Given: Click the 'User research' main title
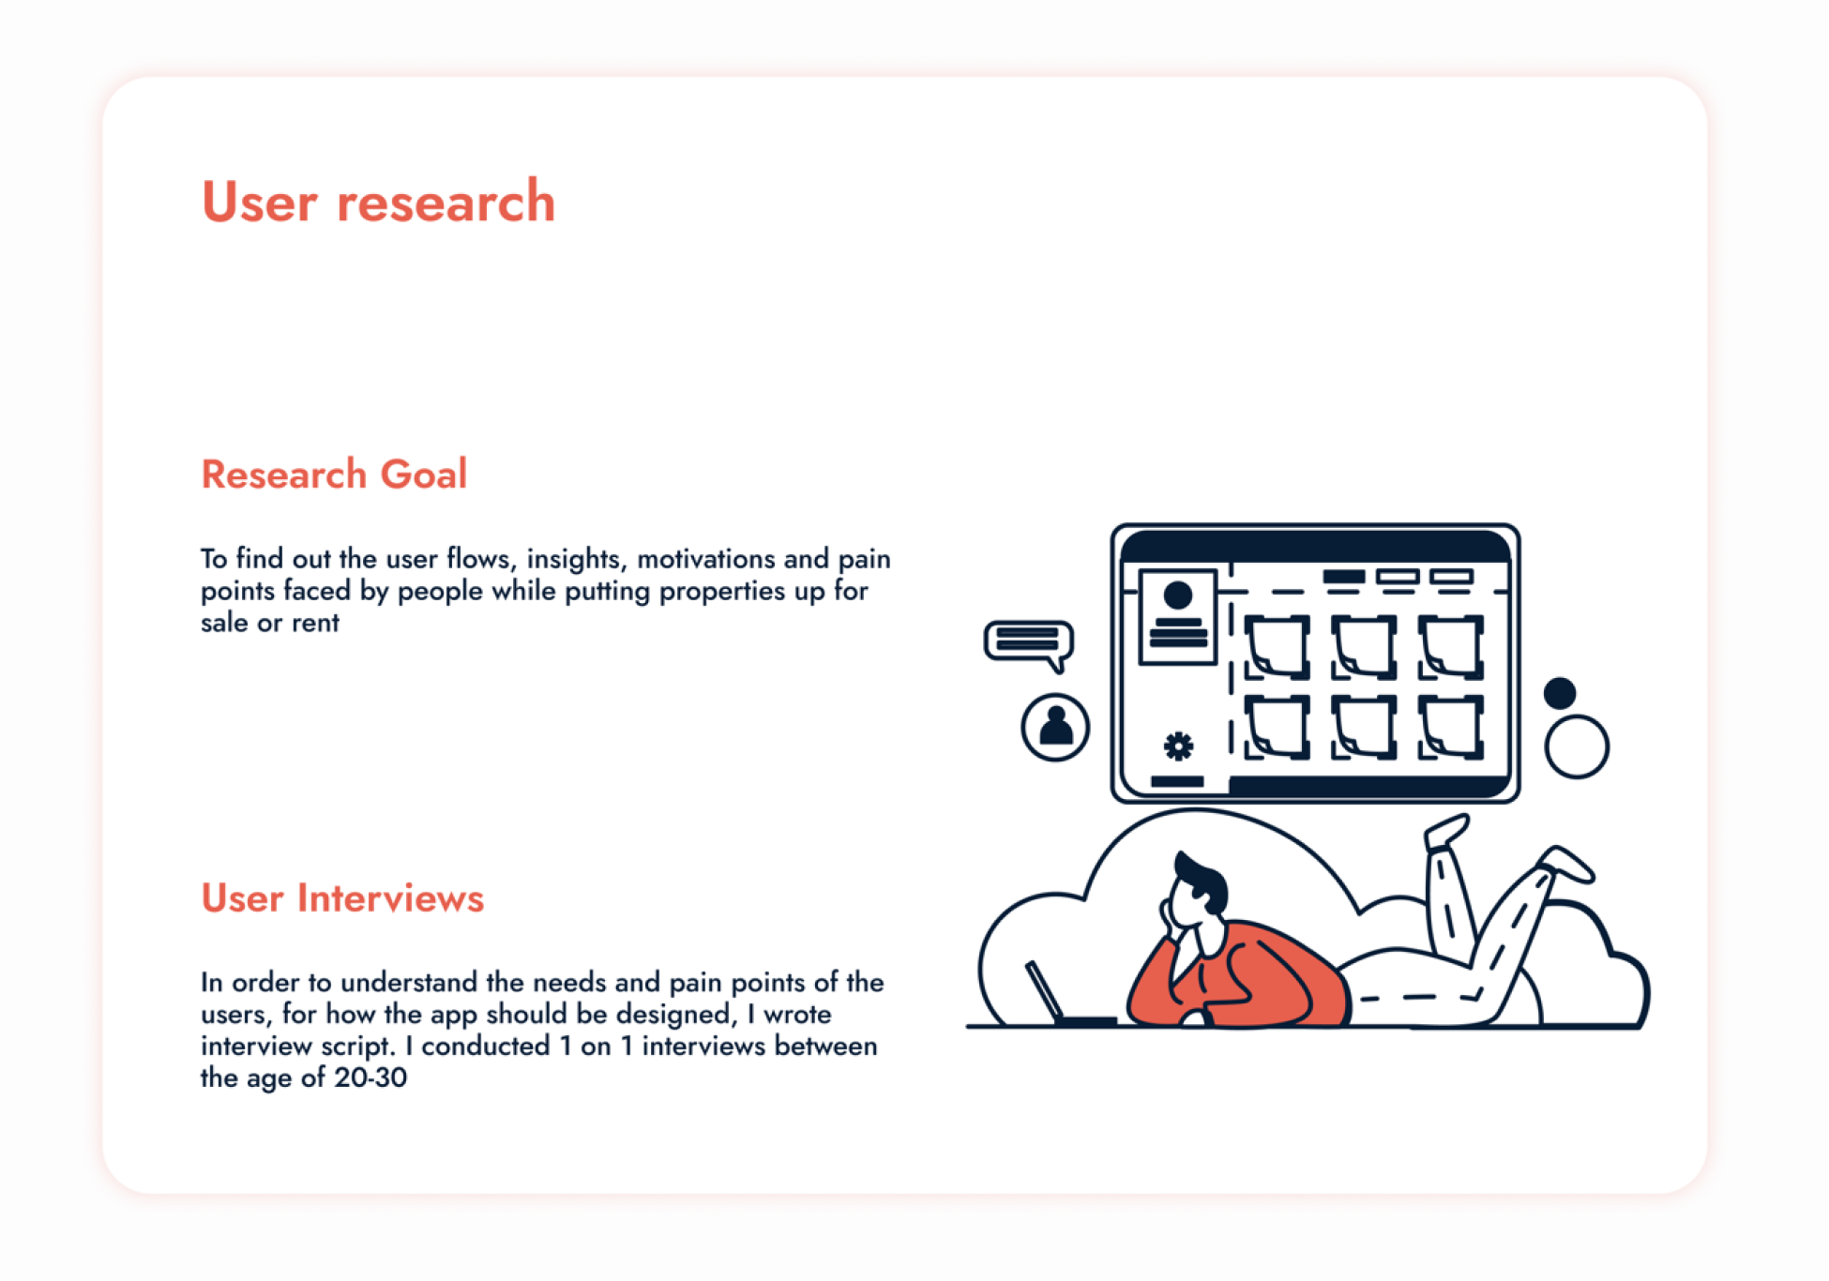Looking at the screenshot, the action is click(x=379, y=201).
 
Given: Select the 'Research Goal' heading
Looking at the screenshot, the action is click(x=334, y=474).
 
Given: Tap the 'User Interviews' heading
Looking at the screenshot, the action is click(x=342, y=897).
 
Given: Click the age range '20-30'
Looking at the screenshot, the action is click(x=370, y=1078).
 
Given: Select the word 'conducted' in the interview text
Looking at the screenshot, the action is click(x=485, y=1046).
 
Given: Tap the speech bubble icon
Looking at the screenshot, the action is click(x=1029, y=644).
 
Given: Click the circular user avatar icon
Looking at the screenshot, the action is click(x=1055, y=727).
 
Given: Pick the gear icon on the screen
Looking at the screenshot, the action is click(x=1179, y=746).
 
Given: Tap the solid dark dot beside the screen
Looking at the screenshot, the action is click(x=1560, y=693).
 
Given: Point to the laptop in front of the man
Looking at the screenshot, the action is click(x=1065, y=996).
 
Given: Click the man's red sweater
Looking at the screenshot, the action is click(x=1247, y=975).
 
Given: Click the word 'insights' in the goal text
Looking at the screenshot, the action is click(x=577, y=560).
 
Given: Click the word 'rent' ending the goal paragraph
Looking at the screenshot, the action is click(x=315, y=624).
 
